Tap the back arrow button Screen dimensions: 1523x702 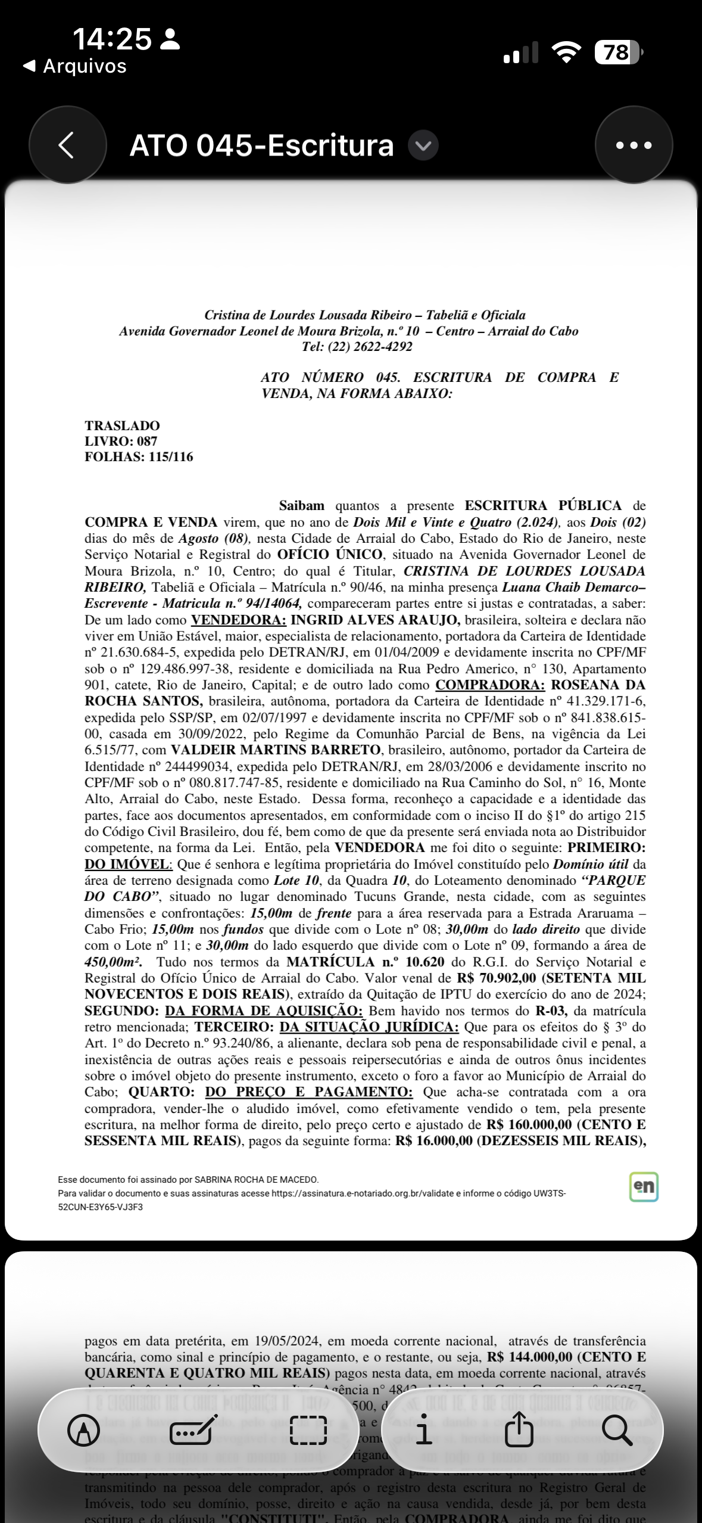(67, 145)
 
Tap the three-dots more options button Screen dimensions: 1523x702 (634, 145)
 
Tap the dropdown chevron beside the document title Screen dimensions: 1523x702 (423, 145)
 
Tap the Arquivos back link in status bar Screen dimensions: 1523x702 (75, 66)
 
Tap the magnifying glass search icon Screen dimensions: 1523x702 (617, 1430)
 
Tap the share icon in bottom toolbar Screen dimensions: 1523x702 (519, 1430)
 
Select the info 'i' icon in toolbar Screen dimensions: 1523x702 (424, 1430)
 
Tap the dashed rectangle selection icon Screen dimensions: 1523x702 (308, 1430)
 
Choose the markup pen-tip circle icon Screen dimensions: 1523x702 (84, 1430)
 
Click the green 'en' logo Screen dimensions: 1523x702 (644, 1186)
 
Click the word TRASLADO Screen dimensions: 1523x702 (122, 425)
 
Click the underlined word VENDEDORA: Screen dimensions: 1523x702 (238, 620)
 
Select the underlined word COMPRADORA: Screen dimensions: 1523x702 (490, 685)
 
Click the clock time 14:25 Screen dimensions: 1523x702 (112, 39)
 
